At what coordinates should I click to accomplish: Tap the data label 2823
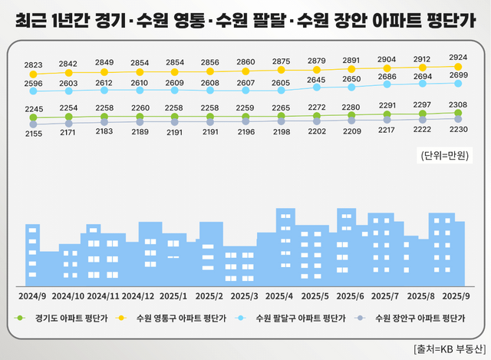33,64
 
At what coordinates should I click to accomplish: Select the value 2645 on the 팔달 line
316,80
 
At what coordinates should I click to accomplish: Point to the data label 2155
33,134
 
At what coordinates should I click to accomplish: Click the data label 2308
458,104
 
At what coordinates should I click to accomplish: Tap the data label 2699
458,75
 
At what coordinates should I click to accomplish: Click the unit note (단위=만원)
445,156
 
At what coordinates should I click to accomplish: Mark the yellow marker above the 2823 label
33,75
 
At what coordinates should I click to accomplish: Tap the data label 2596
33,83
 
